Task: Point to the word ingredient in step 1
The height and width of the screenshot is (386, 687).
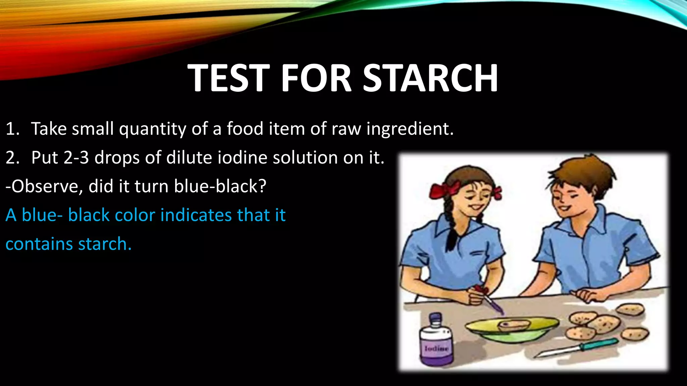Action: tap(410, 129)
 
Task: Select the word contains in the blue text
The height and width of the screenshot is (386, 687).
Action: tap(39, 244)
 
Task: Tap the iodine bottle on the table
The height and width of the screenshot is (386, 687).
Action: tap(436, 342)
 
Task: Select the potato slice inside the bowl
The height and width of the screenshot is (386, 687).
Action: tap(513, 324)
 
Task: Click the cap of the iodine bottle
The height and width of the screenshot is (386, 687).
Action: tap(435, 318)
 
